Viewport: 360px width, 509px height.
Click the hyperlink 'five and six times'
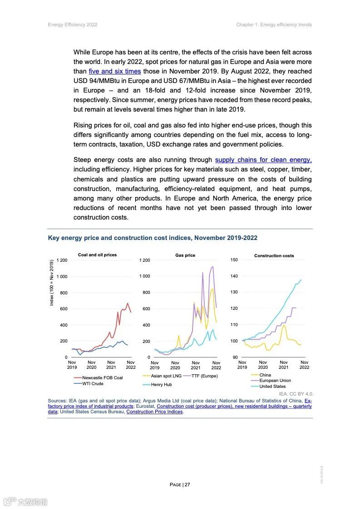(x=114, y=71)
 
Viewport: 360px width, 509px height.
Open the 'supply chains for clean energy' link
(x=263, y=160)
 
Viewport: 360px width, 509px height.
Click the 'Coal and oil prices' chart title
(x=97, y=255)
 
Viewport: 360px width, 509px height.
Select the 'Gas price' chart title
(x=185, y=255)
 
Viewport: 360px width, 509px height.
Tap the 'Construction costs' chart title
(x=274, y=256)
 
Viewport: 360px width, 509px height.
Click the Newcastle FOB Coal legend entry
(x=102, y=377)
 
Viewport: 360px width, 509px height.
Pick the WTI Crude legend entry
(x=93, y=384)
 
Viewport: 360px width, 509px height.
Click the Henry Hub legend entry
(x=161, y=385)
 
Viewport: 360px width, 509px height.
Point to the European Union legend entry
(x=275, y=381)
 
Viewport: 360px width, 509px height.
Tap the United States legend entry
(x=272, y=387)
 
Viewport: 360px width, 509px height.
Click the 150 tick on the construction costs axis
(x=234, y=260)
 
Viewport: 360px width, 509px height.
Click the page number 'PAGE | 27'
(x=180, y=485)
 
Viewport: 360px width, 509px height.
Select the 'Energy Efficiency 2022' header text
(x=73, y=24)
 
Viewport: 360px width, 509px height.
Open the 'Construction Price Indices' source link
(x=154, y=412)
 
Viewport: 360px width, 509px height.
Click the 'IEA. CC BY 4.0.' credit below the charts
(x=296, y=394)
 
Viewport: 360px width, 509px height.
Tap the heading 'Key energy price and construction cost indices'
(x=153, y=238)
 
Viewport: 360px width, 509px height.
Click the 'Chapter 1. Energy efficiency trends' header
(x=274, y=24)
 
